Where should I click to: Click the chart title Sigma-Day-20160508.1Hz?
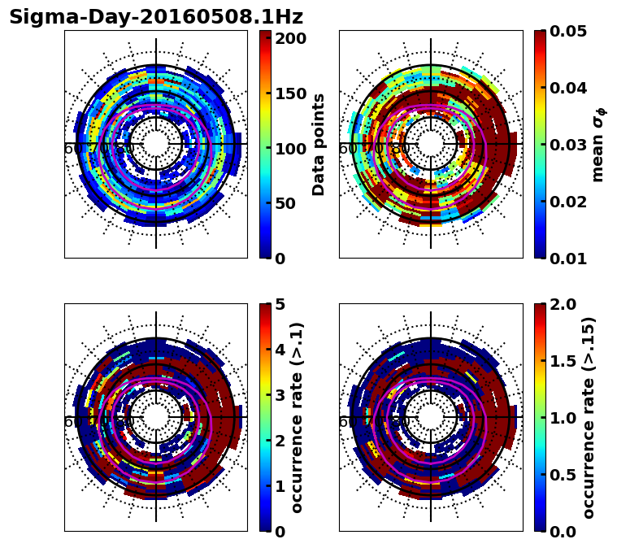(x=156, y=17)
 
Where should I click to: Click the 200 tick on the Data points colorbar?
(x=290, y=38)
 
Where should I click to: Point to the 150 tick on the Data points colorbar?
(x=290, y=94)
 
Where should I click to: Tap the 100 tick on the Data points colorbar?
(x=290, y=149)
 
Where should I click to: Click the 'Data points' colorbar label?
(x=319, y=144)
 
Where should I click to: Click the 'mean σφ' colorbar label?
(x=598, y=144)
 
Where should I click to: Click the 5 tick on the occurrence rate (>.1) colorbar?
(x=280, y=304)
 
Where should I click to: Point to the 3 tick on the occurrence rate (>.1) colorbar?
(x=280, y=395)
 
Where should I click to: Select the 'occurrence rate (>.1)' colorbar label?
(x=298, y=417)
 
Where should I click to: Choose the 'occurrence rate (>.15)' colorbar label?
(x=589, y=417)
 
